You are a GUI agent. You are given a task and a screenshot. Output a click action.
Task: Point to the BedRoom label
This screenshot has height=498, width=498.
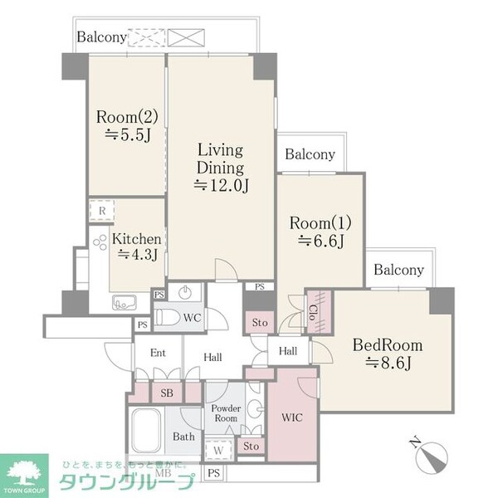point(388,345)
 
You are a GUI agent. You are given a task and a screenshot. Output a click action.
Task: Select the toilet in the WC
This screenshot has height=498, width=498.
point(170,318)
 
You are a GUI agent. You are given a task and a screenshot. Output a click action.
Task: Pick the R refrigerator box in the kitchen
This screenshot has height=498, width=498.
point(100,212)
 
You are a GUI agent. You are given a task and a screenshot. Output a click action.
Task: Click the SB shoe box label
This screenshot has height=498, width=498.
point(165,393)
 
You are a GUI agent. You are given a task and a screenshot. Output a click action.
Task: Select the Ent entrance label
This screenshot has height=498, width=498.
point(159,354)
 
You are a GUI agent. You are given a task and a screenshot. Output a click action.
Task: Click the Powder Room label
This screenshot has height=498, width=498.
point(225,413)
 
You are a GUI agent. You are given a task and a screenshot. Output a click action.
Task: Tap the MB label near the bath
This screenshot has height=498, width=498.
point(163,474)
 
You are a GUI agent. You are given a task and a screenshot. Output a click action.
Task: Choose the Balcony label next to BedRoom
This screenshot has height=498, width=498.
point(398,270)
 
